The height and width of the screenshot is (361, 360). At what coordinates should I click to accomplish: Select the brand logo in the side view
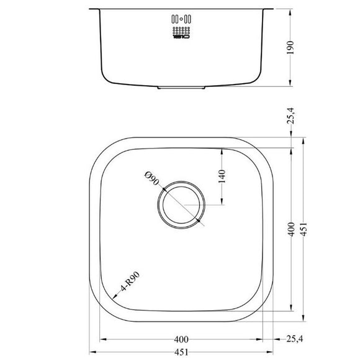pos(181,38)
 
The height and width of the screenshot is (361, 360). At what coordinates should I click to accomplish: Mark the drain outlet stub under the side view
pos(181,88)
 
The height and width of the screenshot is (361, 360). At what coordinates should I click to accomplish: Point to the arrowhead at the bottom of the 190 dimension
pos(292,83)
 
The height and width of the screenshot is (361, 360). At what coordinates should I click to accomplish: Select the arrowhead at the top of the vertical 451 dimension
pos(303,141)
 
